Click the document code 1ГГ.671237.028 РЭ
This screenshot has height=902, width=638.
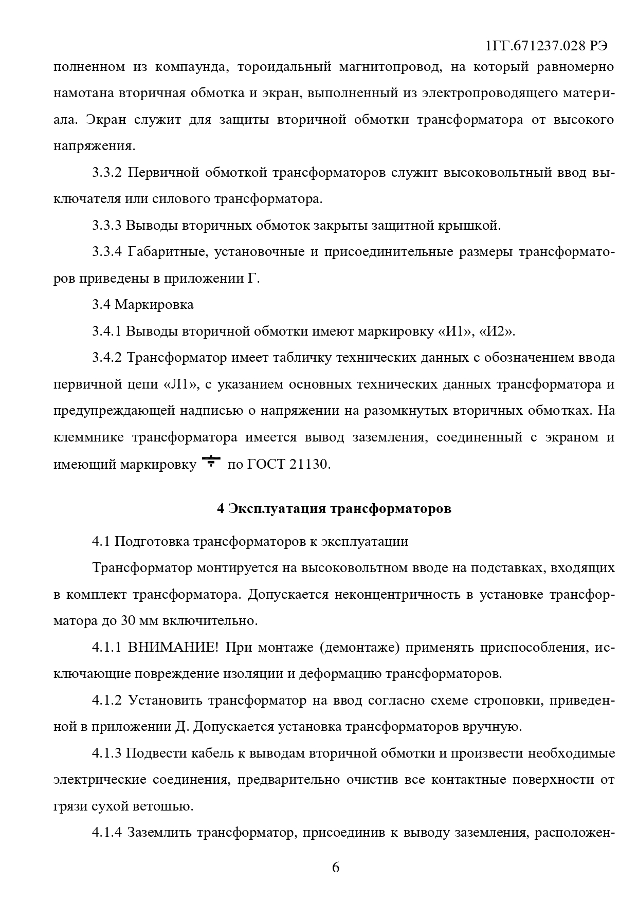[x=546, y=46]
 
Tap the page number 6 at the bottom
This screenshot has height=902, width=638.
[x=336, y=867]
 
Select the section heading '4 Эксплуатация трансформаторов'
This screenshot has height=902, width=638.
[x=334, y=509]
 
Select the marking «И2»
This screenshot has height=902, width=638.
[x=496, y=332]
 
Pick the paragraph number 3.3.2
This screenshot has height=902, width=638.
[x=107, y=173]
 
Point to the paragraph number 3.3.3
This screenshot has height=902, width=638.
[x=107, y=226]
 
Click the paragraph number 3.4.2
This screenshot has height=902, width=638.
[x=107, y=358]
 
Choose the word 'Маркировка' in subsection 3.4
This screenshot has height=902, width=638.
[x=154, y=305]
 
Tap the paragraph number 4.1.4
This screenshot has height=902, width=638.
[x=107, y=833]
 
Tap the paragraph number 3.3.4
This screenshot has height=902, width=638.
[x=107, y=252]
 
